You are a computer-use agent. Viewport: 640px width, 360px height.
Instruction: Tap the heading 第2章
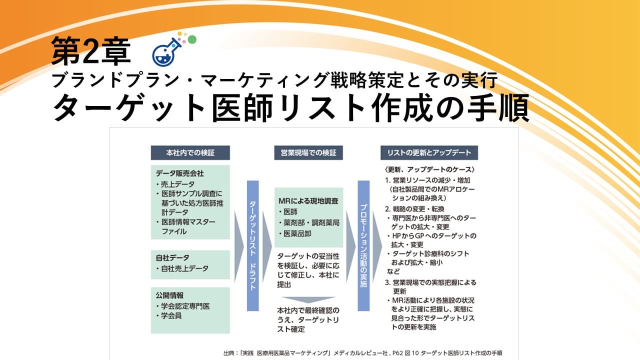[91, 51]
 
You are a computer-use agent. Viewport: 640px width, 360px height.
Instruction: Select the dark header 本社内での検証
[190, 153]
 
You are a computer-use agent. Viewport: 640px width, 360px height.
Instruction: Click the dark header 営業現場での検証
[308, 153]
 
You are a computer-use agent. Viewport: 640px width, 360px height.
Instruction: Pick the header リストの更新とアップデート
[429, 153]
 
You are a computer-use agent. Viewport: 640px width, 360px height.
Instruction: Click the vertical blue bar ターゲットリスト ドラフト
[253, 245]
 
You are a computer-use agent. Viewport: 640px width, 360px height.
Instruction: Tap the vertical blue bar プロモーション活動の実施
[363, 245]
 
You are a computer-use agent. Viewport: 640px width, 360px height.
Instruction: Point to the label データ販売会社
[179, 173]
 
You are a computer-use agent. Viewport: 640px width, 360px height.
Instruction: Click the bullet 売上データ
[175, 184]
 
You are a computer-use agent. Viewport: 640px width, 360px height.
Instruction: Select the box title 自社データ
[172, 257]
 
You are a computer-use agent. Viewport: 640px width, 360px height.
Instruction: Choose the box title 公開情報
[169, 295]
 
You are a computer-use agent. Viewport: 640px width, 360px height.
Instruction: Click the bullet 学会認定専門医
[183, 306]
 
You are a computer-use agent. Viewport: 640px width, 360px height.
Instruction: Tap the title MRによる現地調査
[308, 201]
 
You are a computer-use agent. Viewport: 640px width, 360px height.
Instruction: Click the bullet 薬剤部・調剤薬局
[309, 223]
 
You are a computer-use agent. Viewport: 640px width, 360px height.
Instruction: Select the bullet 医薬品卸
[295, 233]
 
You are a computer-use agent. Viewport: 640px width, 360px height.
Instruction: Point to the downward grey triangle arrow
[308, 299]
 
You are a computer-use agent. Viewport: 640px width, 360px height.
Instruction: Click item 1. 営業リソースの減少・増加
[427, 180]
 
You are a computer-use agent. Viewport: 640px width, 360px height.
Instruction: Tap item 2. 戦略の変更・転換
[414, 209]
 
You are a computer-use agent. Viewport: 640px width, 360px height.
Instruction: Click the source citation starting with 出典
[363, 353]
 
